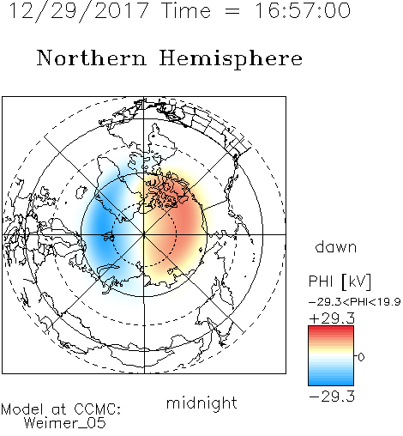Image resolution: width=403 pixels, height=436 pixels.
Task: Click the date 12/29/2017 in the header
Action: coord(79,11)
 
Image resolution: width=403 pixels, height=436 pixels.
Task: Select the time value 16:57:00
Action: coord(303,10)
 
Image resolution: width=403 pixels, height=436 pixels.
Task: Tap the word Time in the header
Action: coord(186,10)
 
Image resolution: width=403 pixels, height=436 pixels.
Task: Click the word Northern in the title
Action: coord(92,58)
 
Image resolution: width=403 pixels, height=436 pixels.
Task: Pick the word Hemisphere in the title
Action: coord(231,59)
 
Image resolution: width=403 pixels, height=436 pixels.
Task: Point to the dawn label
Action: coord(336,246)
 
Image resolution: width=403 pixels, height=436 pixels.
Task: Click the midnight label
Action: coord(201,403)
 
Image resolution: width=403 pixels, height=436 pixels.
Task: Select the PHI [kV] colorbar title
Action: coord(340,282)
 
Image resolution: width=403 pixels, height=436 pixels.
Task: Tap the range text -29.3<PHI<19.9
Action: coord(355,302)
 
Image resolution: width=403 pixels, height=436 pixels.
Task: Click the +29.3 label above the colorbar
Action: coord(332,318)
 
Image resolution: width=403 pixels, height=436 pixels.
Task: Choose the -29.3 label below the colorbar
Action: coord(332,397)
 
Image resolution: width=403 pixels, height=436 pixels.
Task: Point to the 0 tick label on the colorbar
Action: coord(361,357)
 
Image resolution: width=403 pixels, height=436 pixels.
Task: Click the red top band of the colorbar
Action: coord(331,330)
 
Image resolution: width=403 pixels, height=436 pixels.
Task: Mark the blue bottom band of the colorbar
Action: coord(331,380)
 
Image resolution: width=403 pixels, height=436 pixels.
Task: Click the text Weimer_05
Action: coord(65,423)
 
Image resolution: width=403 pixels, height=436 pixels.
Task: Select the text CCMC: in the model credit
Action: coord(98,409)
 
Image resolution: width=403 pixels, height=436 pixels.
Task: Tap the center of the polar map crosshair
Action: coord(144,234)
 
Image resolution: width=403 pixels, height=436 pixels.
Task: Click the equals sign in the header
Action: coord(232,11)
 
